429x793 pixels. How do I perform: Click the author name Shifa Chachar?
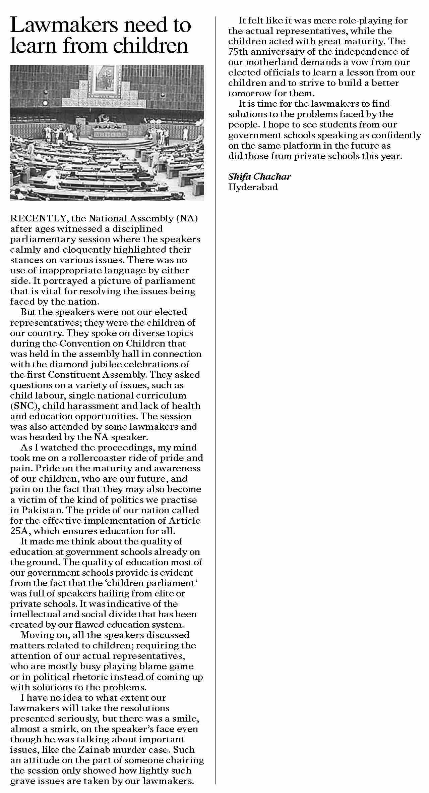259,176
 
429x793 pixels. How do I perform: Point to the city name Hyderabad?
253,187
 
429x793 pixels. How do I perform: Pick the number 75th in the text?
238,52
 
